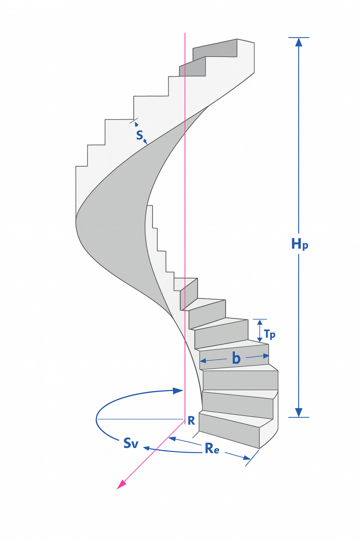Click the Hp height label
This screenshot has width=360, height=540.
click(300, 244)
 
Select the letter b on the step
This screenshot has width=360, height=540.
click(236, 358)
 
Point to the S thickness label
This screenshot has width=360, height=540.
click(140, 134)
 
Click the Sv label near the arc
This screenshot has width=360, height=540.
click(131, 443)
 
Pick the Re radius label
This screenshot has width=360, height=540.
click(212, 448)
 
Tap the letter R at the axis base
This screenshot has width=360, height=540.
click(191, 420)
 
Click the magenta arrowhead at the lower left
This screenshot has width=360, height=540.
click(120, 485)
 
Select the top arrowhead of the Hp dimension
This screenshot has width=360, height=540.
click(299, 42)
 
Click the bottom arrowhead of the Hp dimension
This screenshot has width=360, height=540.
click(299, 412)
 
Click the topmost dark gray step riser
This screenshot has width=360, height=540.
click(215, 48)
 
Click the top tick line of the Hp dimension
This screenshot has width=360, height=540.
click(299, 37)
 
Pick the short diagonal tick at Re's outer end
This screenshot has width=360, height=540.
click(252, 457)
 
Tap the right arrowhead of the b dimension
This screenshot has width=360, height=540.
click(265, 356)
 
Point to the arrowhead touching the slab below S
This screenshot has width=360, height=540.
click(145, 142)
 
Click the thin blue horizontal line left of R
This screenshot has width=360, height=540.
click(140, 418)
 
